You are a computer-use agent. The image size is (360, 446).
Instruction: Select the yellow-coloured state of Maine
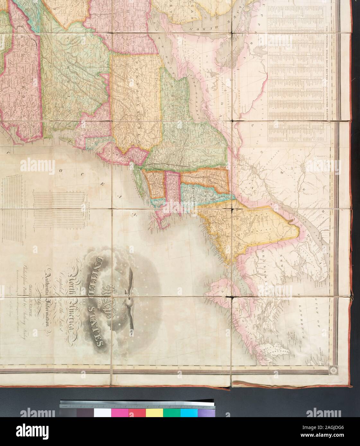[x=247, y=231]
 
